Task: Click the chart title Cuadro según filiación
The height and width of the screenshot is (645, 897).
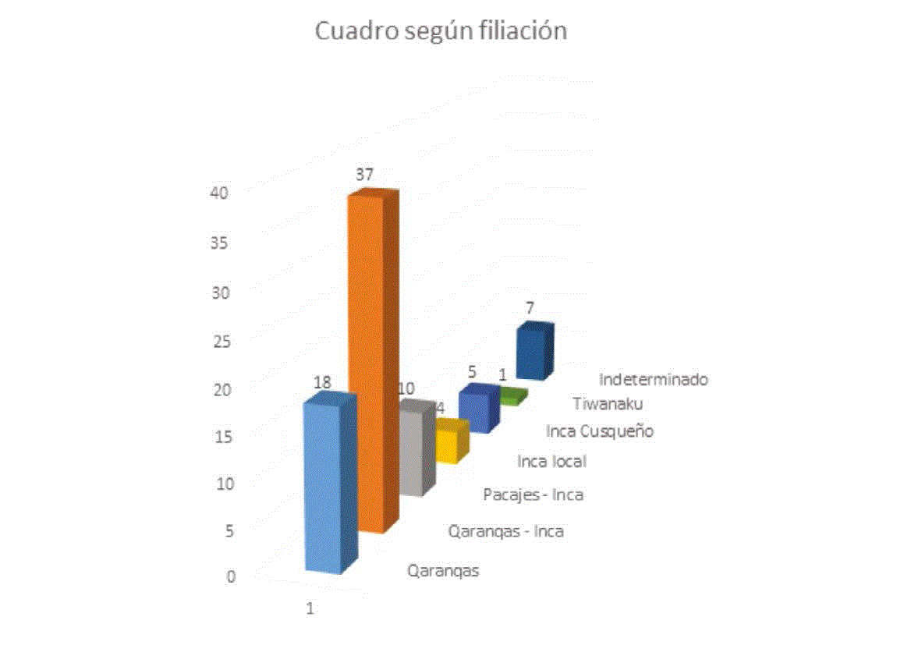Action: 440,31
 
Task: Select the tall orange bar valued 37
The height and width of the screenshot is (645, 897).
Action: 367,359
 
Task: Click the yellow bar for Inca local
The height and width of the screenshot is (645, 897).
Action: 448,443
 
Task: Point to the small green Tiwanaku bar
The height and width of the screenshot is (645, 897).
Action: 512,397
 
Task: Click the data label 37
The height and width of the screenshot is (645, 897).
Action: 364,175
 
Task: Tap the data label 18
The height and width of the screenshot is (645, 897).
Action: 322,383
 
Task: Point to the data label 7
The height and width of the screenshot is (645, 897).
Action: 529,309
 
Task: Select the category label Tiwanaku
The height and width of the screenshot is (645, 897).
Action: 608,404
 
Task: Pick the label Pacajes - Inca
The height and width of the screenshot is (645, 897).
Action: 533,494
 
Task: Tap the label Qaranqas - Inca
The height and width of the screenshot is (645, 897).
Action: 505,532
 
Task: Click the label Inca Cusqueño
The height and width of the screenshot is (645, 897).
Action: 599,431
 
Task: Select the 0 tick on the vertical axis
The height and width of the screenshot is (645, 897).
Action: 231,577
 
